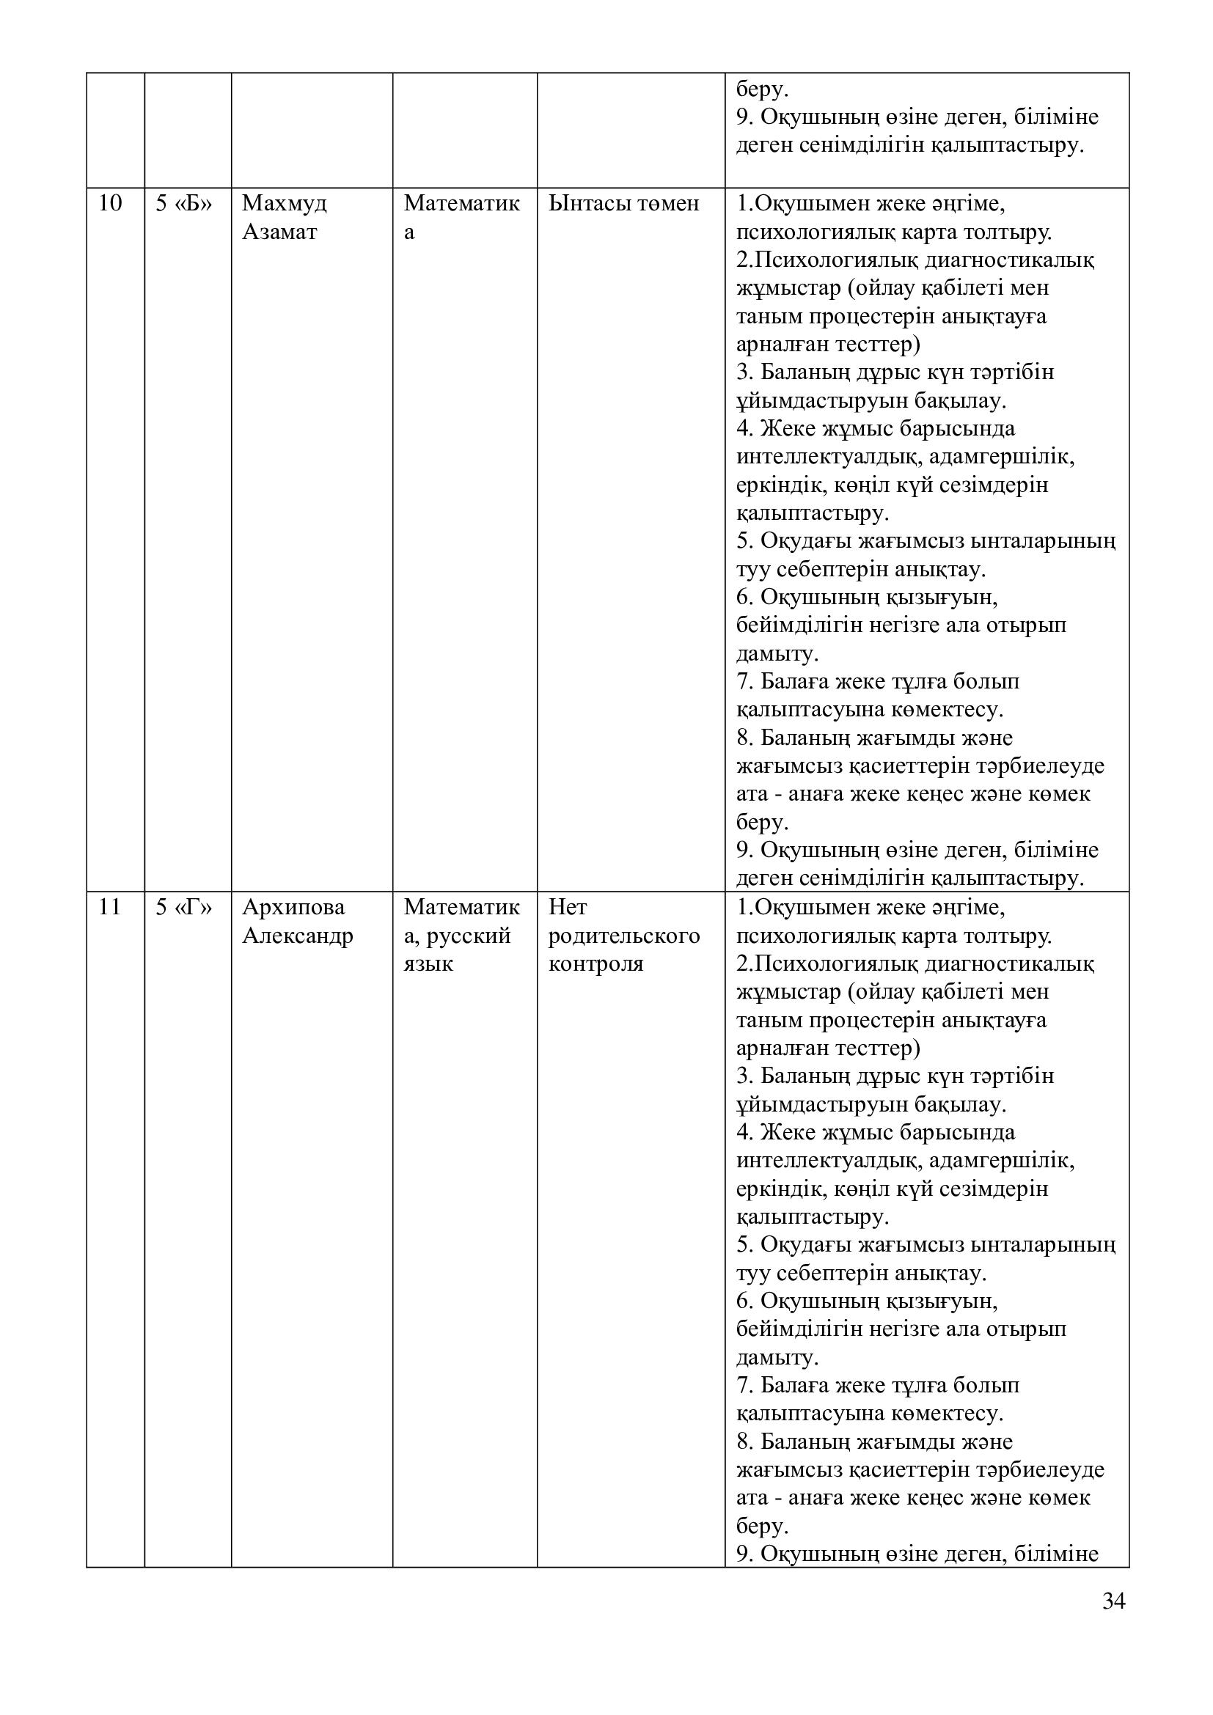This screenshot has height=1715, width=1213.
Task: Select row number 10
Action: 110,203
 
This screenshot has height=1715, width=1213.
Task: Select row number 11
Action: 110,907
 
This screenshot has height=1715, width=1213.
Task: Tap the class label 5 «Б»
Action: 184,203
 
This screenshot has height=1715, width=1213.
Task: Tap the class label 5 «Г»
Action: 184,907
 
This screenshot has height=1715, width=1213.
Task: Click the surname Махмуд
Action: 285,203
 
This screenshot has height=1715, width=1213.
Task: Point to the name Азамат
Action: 279,232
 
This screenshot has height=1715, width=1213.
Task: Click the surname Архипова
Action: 293,907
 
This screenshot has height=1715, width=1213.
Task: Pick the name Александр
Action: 297,935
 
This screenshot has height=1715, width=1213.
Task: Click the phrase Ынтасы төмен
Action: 623,203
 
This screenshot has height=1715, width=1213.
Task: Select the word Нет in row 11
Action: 568,907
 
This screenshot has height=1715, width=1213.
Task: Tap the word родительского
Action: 624,935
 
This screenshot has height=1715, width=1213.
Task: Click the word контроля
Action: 596,963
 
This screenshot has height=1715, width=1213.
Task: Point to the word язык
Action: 429,963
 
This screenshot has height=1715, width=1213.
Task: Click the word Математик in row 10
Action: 461,203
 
